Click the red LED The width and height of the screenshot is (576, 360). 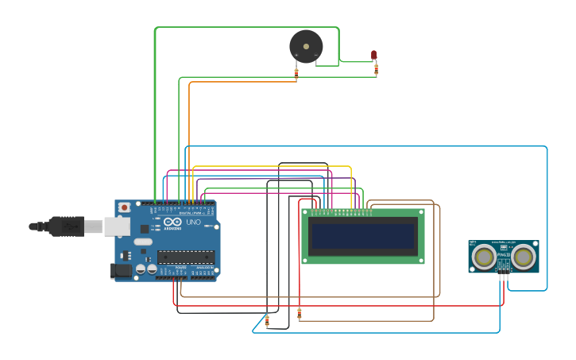373,55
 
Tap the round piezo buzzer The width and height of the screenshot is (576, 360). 306,46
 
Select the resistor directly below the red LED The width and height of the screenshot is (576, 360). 376,70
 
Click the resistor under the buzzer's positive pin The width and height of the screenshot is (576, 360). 296,73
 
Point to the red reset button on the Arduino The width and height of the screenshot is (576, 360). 124,208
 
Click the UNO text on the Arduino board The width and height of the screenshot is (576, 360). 193,222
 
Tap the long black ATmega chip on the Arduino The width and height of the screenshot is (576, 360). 186,256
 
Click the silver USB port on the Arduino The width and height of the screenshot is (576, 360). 116,226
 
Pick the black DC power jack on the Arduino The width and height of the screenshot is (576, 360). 121,270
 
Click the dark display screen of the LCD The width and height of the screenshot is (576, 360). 363,236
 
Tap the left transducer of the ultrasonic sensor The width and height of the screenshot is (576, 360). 484,257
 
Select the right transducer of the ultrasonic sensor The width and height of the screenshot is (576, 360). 523,257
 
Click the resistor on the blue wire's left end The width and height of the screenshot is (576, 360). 267,320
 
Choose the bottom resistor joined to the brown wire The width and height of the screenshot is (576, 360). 299,314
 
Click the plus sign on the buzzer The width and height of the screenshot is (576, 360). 296,55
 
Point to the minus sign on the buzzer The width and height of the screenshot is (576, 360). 315,55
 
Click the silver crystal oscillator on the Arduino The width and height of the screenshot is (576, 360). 143,242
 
